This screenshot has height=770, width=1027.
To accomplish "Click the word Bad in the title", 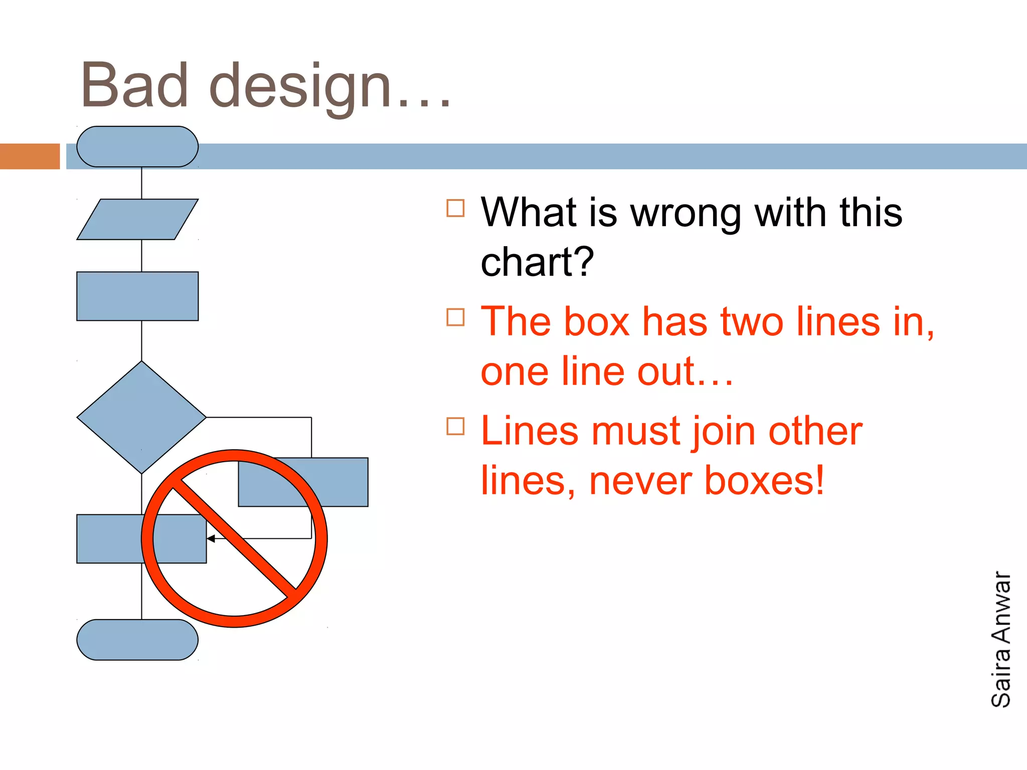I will click(134, 86).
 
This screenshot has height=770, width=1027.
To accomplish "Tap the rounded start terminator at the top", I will click(137, 146).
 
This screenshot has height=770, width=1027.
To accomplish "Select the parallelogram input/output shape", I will click(137, 220).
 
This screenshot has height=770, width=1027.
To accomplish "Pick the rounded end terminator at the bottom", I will click(137, 640).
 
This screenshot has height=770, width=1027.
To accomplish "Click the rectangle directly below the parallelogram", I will click(137, 296).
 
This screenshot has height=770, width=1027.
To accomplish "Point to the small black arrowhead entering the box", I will click(211, 539).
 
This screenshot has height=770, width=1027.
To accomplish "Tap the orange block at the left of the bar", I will click(30, 156).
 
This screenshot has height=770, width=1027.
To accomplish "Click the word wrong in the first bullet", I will click(685, 213).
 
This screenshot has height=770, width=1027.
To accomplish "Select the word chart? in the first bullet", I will click(537, 262).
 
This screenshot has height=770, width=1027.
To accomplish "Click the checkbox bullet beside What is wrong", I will click(455, 208).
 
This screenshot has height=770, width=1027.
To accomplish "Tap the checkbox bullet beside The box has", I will click(455, 317).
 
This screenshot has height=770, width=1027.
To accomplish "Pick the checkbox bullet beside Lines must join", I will click(455, 426).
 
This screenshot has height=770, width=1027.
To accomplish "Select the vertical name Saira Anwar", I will click(1000, 640).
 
